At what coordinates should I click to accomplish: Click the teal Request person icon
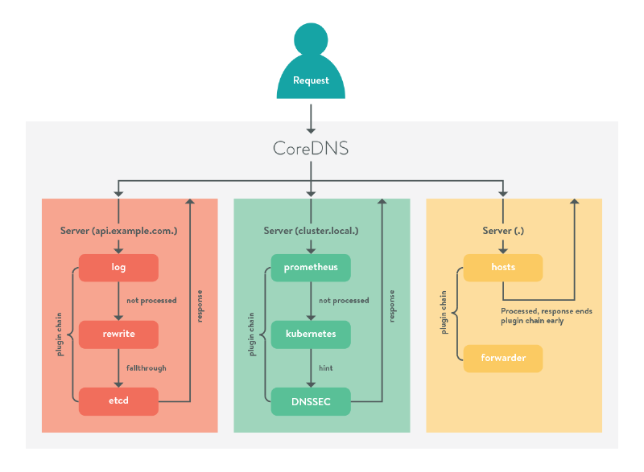coord(311,64)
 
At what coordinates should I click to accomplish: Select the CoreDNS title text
coord(311,150)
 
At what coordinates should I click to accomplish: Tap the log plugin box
coord(118,267)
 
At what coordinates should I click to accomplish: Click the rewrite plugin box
coord(118,334)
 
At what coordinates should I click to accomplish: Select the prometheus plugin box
coord(311,267)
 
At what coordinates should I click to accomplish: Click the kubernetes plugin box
coord(311,334)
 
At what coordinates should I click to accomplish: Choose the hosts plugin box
coord(502,267)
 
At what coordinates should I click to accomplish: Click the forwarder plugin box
coord(502,359)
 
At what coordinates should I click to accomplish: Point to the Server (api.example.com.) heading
coord(118,232)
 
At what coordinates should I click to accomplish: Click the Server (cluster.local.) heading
coord(311,232)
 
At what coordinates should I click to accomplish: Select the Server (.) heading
coord(502,232)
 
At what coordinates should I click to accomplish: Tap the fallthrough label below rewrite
coord(146,367)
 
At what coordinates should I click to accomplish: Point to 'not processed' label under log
coord(151,301)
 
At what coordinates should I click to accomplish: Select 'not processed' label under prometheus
coord(344,301)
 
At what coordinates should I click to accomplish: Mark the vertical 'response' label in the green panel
coord(393,306)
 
